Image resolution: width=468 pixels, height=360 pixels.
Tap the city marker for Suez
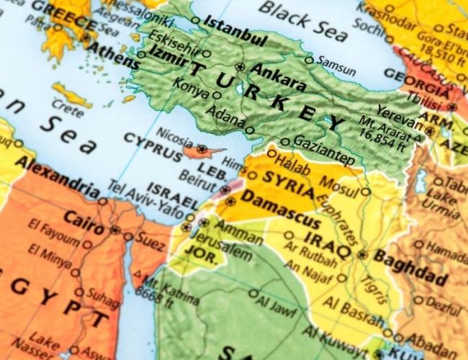tap(128, 236)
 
